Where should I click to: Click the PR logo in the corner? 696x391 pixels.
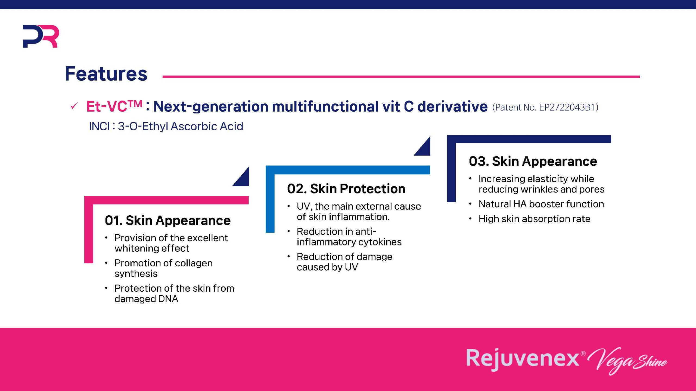[41, 36]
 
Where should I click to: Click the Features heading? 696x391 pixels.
[106, 74]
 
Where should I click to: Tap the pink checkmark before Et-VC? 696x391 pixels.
[74, 106]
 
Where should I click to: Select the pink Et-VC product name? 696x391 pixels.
[114, 106]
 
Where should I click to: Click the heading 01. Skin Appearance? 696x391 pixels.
[168, 220]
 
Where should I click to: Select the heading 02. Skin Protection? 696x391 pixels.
[346, 189]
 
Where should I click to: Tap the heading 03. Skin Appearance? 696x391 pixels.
[533, 161]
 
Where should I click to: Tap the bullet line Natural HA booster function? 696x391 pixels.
[541, 204]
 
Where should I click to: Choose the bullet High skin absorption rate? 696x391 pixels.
[534, 219]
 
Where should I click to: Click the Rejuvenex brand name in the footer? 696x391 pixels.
[523, 358]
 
